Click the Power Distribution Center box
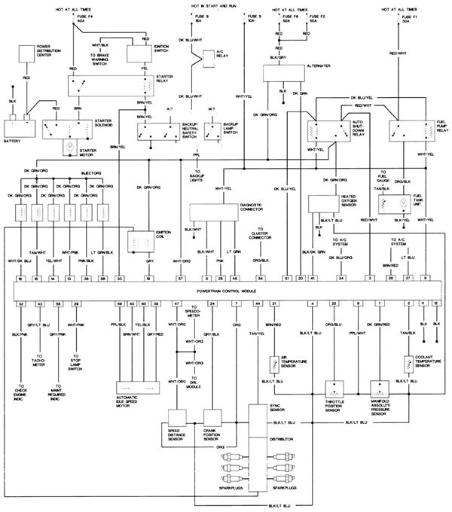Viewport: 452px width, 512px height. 26,52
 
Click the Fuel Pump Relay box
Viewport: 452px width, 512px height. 408,130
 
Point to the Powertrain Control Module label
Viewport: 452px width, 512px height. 226,290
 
